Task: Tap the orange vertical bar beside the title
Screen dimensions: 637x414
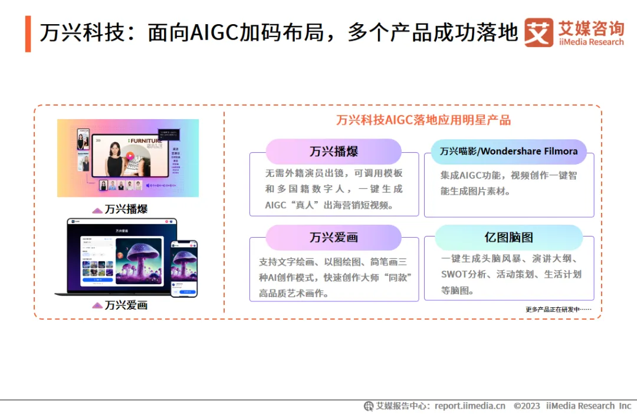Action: coord(28,34)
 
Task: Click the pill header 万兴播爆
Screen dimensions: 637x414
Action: coord(333,152)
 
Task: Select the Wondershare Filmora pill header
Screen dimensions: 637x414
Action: coord(508,152)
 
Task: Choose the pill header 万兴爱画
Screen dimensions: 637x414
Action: coord(333,238)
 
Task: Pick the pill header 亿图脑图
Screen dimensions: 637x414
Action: coord(508,238)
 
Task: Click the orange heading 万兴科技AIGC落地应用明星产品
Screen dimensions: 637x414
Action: coord(423,120)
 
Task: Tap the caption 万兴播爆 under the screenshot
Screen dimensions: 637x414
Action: coord(126,209)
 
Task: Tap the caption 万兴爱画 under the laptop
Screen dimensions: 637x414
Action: coord(126,305)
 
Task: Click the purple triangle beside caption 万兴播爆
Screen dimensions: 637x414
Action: coord(97,210)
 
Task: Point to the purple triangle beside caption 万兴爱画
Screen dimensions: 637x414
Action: coord(97,305)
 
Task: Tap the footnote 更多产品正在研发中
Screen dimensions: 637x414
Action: coord(557,309)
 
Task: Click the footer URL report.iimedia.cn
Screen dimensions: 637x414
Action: coord(469,406)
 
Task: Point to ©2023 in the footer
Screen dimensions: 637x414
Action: coord(527,406)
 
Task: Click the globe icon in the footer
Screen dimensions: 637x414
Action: coord(369,406)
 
